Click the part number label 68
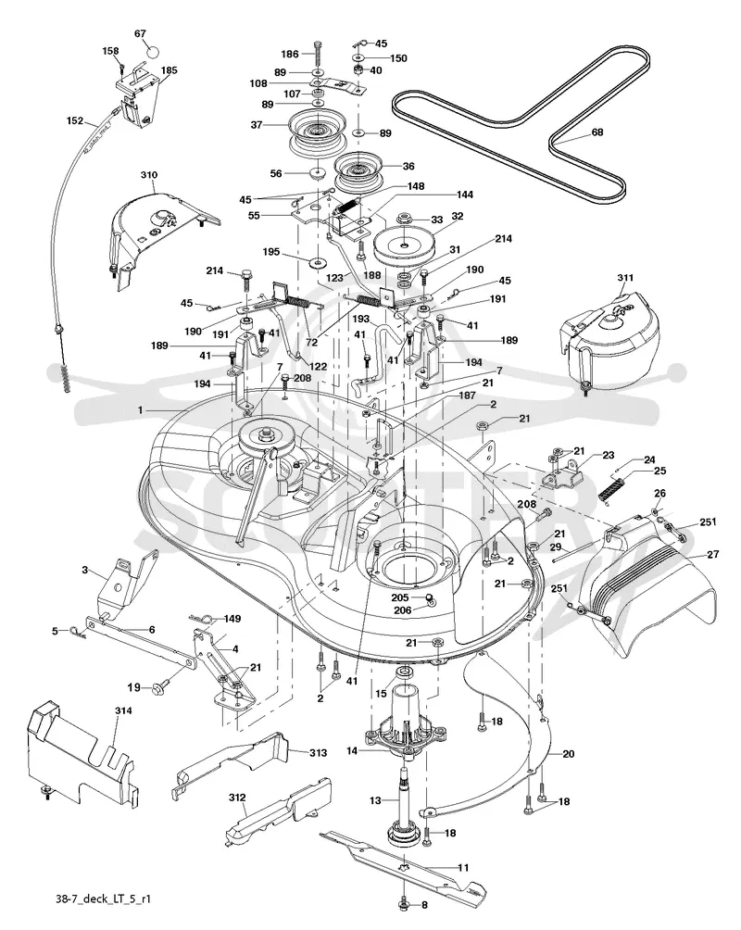pos(597,132)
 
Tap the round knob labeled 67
pos(153,52)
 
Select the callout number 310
pos(149,175)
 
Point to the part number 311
pos(625,278)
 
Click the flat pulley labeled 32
pos(404,244)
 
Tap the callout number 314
pos(123,710)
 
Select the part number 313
pos(318,753)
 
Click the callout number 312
pos(237,798)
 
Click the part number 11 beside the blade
pos(463,868)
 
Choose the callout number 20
pos(569,754)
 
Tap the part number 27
pos(712,554)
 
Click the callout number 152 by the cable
pos(75,120)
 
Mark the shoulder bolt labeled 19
pos(159,688)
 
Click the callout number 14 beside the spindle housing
pos(352,751)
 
